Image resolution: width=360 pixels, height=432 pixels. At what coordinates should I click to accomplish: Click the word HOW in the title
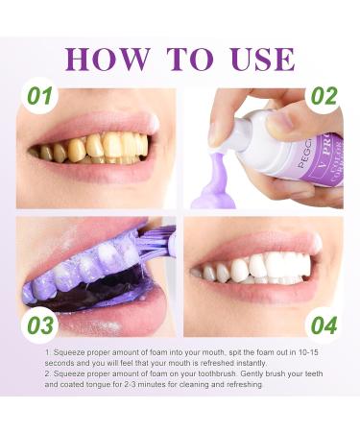pos(108,60)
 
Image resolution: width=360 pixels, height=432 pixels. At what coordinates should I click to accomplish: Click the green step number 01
pos(39,96)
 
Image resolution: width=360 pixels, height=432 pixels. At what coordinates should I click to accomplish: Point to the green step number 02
pos(324,96)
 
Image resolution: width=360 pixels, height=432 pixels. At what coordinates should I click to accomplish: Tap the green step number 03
pos(40,325)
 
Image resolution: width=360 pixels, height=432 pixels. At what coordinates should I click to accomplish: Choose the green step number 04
pos(324,325)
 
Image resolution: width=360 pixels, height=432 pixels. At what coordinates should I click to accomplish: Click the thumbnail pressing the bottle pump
pos(279,123)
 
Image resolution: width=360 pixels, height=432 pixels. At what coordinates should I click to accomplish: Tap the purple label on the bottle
pos(324,161)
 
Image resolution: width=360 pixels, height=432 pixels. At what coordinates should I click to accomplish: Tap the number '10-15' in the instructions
pos(308,352)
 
